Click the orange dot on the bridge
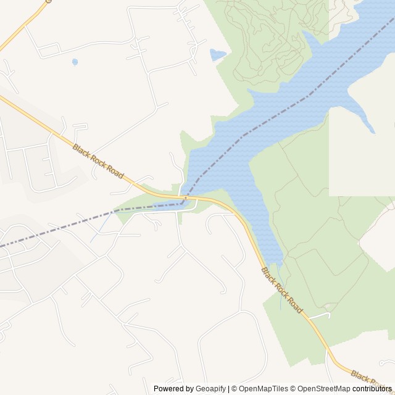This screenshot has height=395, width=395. click(x=186, y=197)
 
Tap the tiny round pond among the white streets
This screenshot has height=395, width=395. click(x=75, y=62)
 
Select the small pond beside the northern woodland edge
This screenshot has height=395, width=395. click(x=217, y=55)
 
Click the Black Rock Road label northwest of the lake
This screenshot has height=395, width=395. click(x=98, y=162)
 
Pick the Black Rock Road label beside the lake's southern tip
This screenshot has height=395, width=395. click(x=282, y=290)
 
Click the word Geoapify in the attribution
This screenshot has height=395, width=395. click(x=211, y=389)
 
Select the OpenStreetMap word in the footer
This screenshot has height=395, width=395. click(x=324, y=389)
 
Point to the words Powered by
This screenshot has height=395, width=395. click(x=173, y=389)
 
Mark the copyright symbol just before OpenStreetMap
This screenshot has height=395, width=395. click(x=293, y=389)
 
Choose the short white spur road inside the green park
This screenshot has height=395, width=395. click(x=319, y=315)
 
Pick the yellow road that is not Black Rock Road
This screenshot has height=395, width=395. click(x=22, y=28)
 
